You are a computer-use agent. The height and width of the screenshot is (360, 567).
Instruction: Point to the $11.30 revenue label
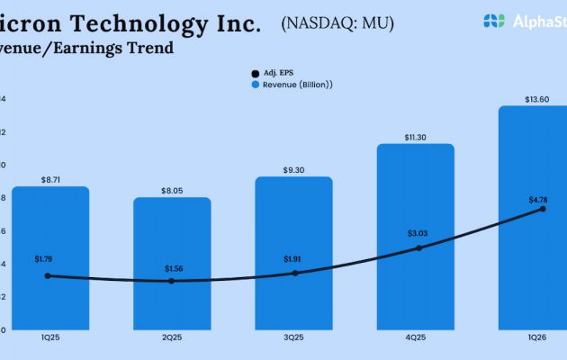point(417,137)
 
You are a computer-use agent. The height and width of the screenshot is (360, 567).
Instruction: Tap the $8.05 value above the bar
point(174,191)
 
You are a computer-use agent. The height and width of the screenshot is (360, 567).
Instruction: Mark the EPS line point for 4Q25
point(418,247)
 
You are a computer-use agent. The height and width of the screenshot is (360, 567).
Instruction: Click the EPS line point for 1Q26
point(543,209)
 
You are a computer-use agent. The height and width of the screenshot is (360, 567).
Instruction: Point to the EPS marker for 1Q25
point(48,275)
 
